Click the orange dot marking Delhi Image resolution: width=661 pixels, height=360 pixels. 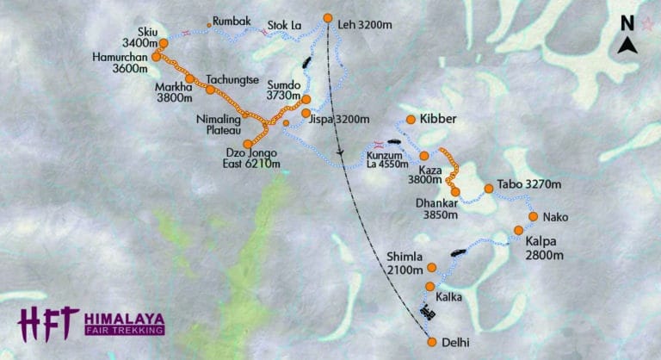pyautogui.click(x=432, y=342)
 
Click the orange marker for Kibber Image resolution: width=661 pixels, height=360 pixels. pyautogui.click(x=411, y=119)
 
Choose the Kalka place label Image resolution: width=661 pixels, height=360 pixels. pyautogui.click(x=449, y=297)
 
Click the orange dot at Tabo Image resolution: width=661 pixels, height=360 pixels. pyautogui.click(x=489, y=188)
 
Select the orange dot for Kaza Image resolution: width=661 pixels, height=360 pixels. pyautogui.click(x=423, y=156)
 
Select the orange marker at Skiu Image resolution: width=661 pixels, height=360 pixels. pyautogui.click(x=164, y=42)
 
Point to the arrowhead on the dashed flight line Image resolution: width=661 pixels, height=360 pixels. pyautogui.click(x=342, y=155)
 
